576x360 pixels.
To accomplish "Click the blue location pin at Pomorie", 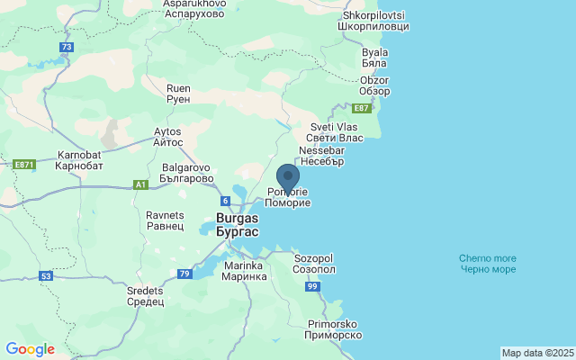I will pos(287,177).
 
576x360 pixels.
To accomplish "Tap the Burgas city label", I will pos(238,224).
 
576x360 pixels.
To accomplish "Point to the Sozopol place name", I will pos(315,263).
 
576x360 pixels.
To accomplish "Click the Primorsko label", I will pos(334,328).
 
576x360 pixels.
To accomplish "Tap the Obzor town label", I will pos(373,85).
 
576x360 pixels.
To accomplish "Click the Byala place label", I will pos(374,58).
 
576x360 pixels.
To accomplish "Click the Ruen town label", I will pos(178,94).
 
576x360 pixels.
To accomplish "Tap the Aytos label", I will pos(168,137).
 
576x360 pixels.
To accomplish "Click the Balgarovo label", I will pos(185,173).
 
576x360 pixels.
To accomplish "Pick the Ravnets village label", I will pos(165,220).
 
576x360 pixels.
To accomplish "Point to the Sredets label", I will pos(145,296).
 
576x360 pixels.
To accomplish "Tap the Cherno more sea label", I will pos(487,264).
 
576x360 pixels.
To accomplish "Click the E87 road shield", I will pos(362,108).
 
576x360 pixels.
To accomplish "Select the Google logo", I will pos(30,349).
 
